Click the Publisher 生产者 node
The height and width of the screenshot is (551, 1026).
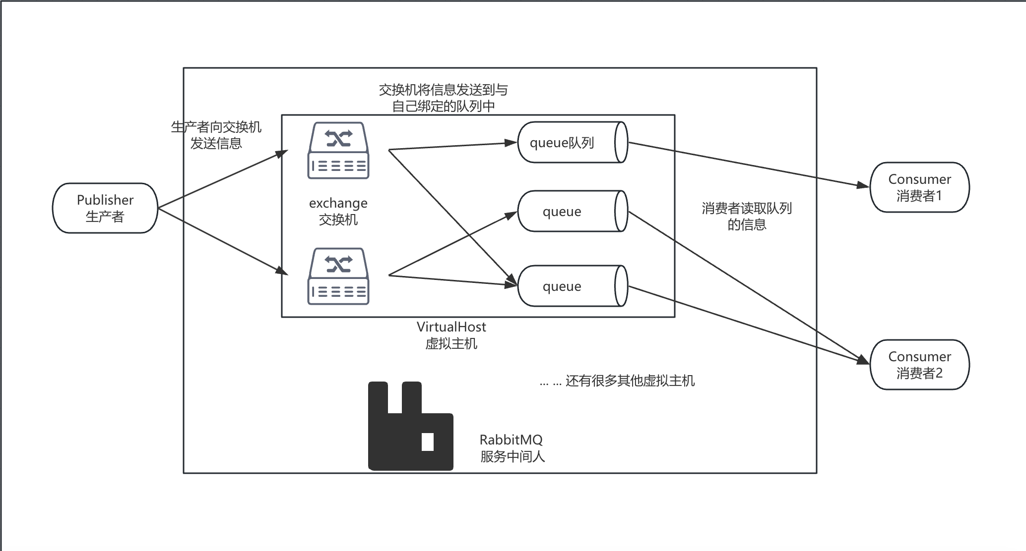pos(105,208)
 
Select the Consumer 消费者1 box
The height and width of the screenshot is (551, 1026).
pos(919,187)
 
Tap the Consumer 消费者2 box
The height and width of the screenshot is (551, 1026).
pos(919,365)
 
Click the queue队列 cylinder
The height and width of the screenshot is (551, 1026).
pos(572,143)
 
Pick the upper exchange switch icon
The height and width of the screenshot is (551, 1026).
pos(338,151)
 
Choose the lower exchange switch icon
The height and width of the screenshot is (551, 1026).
pos(338,276)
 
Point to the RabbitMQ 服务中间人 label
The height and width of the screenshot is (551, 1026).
pos(512,448)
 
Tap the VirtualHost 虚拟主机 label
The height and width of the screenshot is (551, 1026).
pos(451,335)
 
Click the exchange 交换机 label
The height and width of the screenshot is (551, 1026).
pos(338,211)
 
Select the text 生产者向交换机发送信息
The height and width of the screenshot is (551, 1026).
pos(216,135)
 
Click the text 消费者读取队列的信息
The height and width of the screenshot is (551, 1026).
pos(747,216)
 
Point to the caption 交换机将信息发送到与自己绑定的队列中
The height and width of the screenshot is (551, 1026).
pos(443,98)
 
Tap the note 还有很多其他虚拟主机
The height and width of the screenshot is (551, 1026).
pos(617,381)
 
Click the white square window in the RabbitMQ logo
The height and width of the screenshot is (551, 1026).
pos(428,441)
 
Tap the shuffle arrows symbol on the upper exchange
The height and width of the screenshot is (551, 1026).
pos(338,138)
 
